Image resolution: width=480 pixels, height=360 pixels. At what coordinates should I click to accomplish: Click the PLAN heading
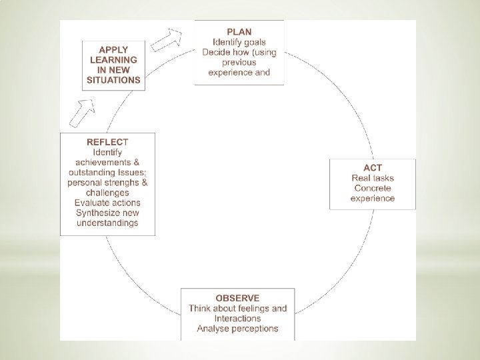239,32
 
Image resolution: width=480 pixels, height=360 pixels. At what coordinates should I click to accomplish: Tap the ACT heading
373,168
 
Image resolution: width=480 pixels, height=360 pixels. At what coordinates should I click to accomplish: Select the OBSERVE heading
237,298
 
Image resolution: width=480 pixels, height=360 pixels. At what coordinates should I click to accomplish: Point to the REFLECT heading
107,142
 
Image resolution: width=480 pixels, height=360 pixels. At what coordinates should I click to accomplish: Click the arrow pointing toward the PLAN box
166,40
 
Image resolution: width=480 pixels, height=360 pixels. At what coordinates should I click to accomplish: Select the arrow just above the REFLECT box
82,113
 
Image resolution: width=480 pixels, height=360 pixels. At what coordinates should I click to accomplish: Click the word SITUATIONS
113,80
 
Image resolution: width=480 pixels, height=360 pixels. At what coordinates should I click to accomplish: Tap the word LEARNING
113,60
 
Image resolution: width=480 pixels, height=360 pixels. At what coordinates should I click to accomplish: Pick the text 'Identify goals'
239,42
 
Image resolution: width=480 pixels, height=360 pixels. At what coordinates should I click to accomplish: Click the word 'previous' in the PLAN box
239,63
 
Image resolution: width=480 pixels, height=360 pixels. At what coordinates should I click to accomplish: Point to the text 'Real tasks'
373,178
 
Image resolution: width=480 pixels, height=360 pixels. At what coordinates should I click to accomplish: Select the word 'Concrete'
373,188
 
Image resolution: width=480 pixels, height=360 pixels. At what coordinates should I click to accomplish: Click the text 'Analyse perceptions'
237,329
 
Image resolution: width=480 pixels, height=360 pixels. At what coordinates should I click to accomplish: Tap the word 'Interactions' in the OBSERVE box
237,319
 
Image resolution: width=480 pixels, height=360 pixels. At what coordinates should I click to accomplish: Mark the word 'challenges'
107,193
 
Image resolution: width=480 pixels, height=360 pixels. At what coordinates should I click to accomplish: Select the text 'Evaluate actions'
107,203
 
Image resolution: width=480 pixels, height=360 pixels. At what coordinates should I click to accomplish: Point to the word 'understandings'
107,223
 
